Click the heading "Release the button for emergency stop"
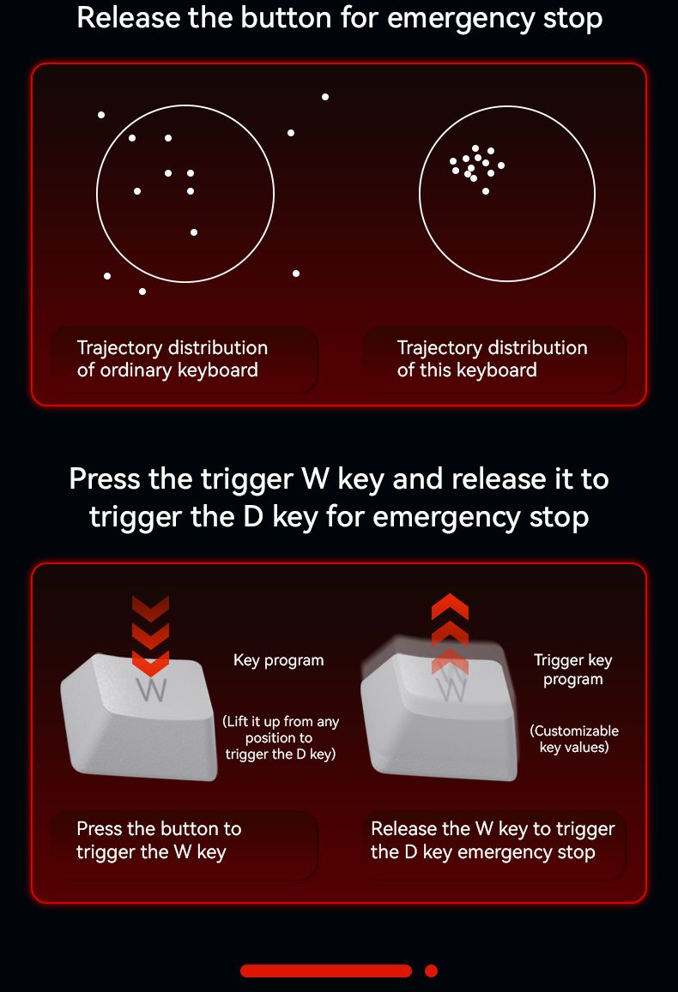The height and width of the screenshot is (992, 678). (x=339, y=18)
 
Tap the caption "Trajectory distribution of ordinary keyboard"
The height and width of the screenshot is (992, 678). (x=173, y=358)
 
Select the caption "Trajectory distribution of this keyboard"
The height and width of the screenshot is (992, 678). (x=492, y=358)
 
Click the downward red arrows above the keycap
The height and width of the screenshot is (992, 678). (x=151, y=635)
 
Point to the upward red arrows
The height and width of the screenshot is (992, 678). (x=450, y=633)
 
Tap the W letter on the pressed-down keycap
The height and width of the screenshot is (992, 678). (x=153, y=689)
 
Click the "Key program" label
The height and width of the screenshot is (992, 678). (x=279, y=660)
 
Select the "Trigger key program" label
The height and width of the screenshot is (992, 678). (x=573, y=670)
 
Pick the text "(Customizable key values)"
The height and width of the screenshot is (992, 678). (x=574, y=739)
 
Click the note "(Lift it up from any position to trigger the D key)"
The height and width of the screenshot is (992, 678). (x=280, y=737)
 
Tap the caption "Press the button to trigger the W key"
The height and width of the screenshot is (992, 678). (x=159, y=840)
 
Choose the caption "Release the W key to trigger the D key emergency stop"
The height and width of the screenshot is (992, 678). (x=493, y=840)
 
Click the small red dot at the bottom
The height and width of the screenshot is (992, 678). (x=431, y=971)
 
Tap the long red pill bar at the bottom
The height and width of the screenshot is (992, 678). (x=326, y=971)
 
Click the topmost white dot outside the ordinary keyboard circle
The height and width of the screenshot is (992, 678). (x=324, y=97)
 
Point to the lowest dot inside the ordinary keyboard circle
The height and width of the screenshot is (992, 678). (x=194, y=232)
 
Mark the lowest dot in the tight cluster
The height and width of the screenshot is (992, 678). (x=486, y=191)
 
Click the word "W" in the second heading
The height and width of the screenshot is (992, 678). (x=315, y=479)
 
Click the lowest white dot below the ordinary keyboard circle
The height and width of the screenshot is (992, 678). (x=142, y=292)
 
